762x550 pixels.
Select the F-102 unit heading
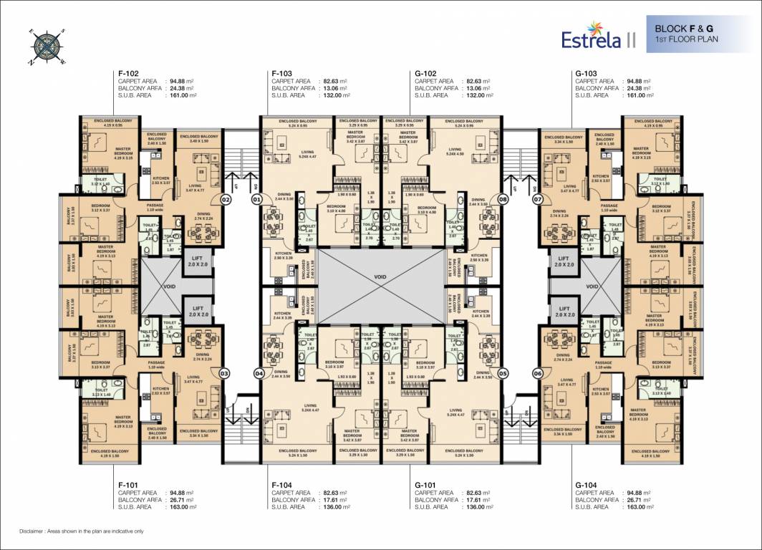pyautogui.click(x=128, y=73)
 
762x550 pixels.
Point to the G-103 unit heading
pyautogui.click(x=587, y=73)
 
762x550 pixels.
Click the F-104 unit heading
pyautogui.click(x=283, y=485)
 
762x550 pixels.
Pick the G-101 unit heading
pyautogui.click(x=426, y=485)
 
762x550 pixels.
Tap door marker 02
pyautogui.click(x=224, y=201)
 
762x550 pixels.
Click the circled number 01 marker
pyautogui.click(x=256, y=201)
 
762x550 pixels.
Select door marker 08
pyautogui.click(x=503, y=201)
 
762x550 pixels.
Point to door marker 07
pyautogui.click(x=537, y=201)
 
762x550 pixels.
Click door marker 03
pyautogui.click(x=224, y=372)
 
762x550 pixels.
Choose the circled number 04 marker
pyautogui.click(x=259, y=372)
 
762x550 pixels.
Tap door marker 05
pyautogui.click(x=503, y=372)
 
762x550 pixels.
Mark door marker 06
pyautogui.click(x=537, y=372)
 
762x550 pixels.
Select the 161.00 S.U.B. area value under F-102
pyautogui.click(x=183, y=95)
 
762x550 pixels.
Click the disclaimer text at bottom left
pyautogui.click(x=82, y=531)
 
